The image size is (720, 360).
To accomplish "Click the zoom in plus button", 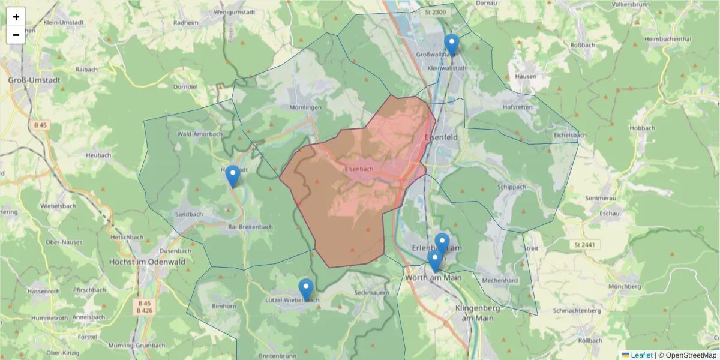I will [x=16, y=17].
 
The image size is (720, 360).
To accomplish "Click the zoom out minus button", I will [x=16, y=35].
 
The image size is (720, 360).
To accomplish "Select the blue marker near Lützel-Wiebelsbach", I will [x=306, y=290].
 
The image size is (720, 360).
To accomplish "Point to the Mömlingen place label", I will [x=305, y=107].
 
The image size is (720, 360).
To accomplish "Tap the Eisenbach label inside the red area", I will [x=359, y=169].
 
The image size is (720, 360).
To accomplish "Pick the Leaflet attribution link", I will [x=641, y=355].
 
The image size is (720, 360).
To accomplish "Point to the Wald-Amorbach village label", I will [x=200, y=134].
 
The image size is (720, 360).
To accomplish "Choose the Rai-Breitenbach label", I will [x=250, y=227].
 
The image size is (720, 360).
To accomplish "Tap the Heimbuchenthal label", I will [x=667, y=39].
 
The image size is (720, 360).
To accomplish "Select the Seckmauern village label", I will [x=368, y=292].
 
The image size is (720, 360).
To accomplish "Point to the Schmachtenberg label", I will [x=577, y=311].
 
